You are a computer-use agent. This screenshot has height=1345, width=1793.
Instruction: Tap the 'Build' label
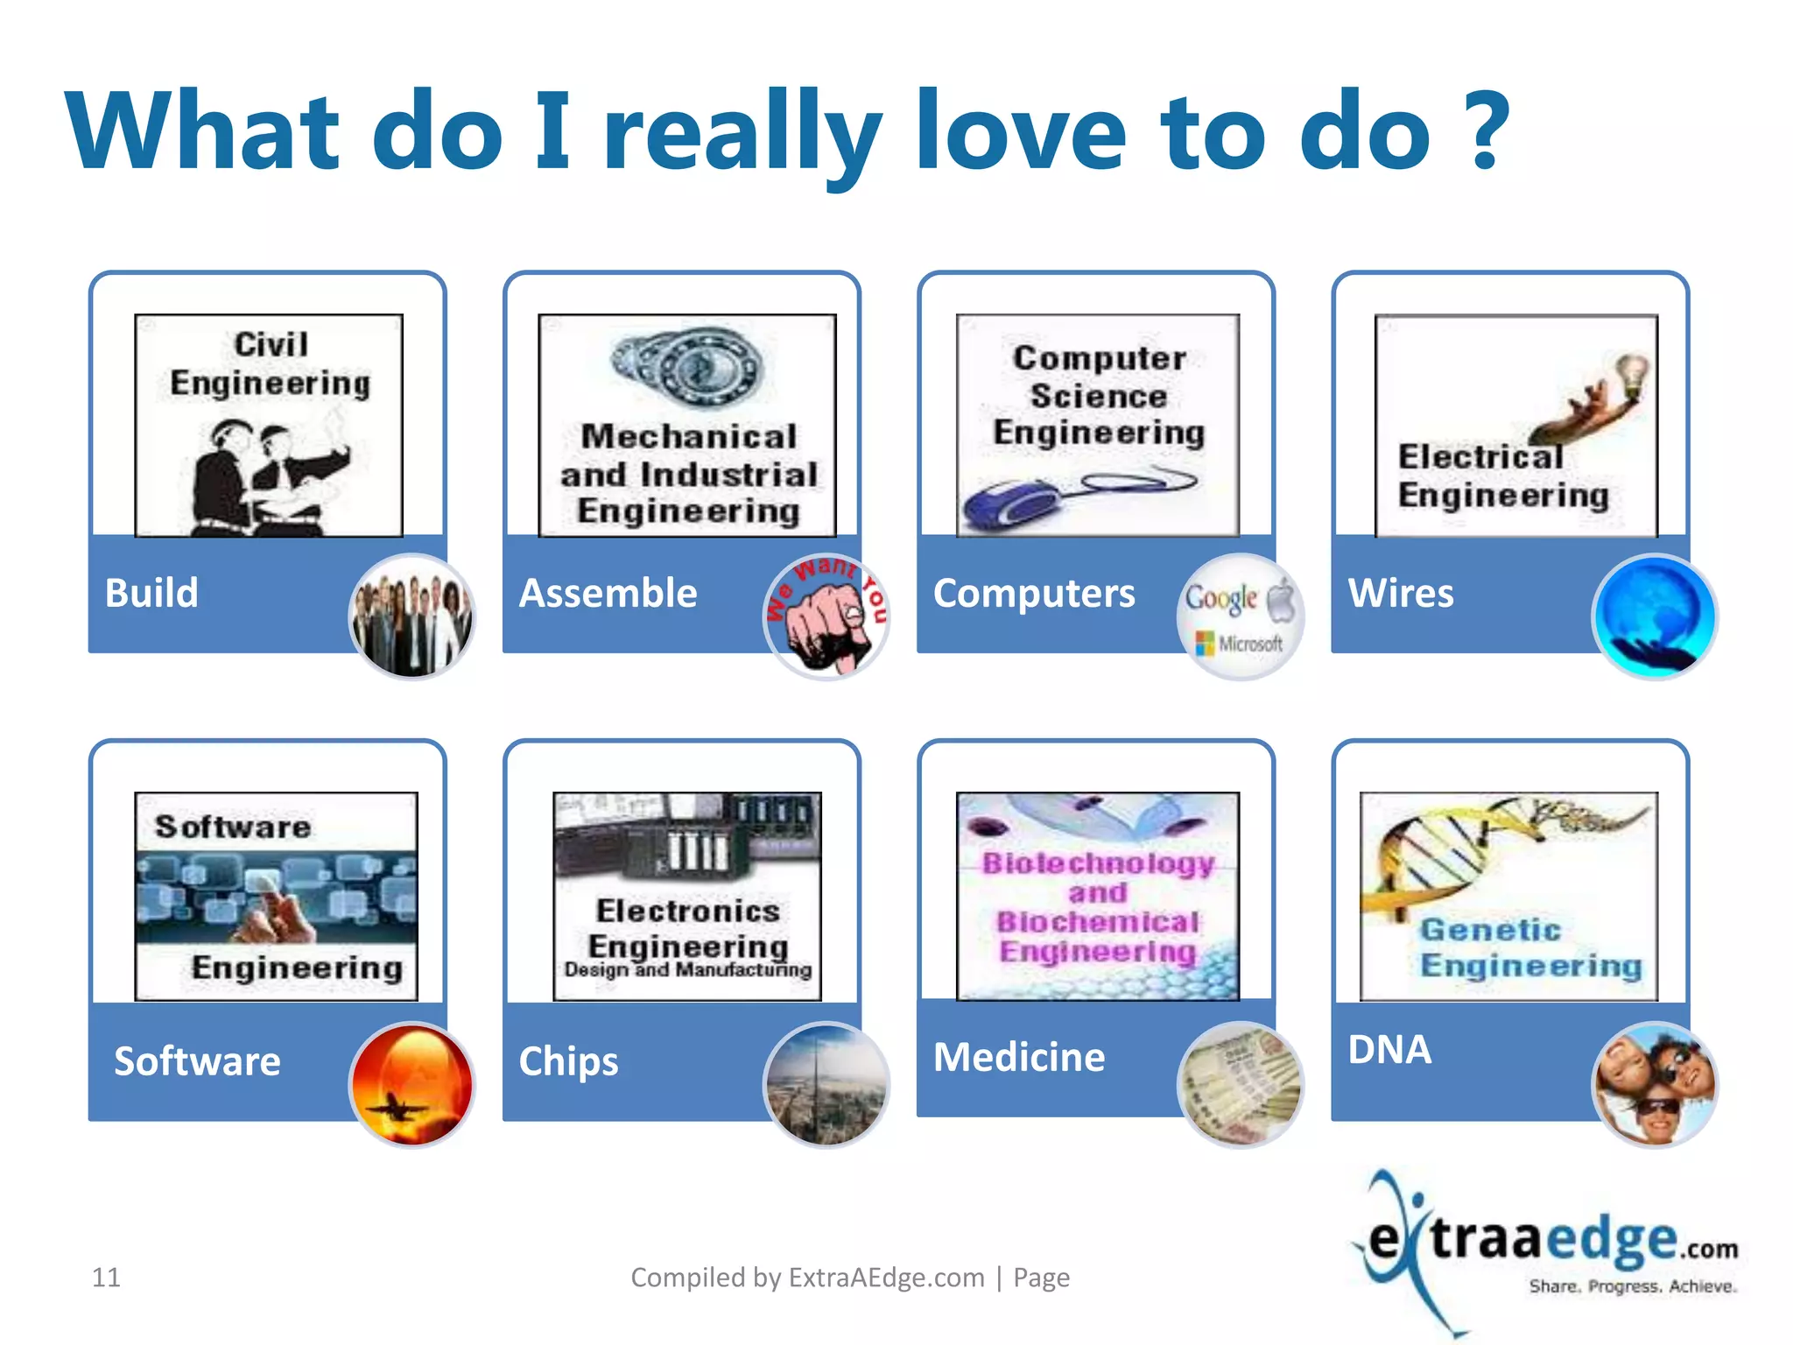(152, 593)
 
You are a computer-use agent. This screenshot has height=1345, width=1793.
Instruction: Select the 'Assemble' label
(608, 593)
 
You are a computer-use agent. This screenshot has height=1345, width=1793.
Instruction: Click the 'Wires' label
(1401, 593)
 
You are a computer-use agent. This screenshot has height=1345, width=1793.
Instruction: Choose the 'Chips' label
(568, 1061)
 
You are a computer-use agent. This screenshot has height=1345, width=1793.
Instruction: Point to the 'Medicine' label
(1019, 1057)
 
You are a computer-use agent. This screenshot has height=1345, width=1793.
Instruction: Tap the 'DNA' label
(1389, 1049)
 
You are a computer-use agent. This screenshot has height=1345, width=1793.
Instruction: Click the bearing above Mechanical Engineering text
(687, 368)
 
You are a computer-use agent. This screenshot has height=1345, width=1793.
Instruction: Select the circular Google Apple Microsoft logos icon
(1240, 617)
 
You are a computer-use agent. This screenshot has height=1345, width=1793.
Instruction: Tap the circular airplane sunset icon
(411, 1085)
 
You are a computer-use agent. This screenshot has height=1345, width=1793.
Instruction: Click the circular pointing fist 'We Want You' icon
(826, 617)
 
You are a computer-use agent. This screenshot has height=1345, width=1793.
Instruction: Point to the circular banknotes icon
(1240, 1085)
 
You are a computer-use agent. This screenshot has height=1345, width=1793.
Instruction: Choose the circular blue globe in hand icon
(1654, 617)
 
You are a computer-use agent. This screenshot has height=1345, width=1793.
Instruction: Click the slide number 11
(106, 1278)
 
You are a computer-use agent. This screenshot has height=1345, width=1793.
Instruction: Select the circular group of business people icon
(411, 617)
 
